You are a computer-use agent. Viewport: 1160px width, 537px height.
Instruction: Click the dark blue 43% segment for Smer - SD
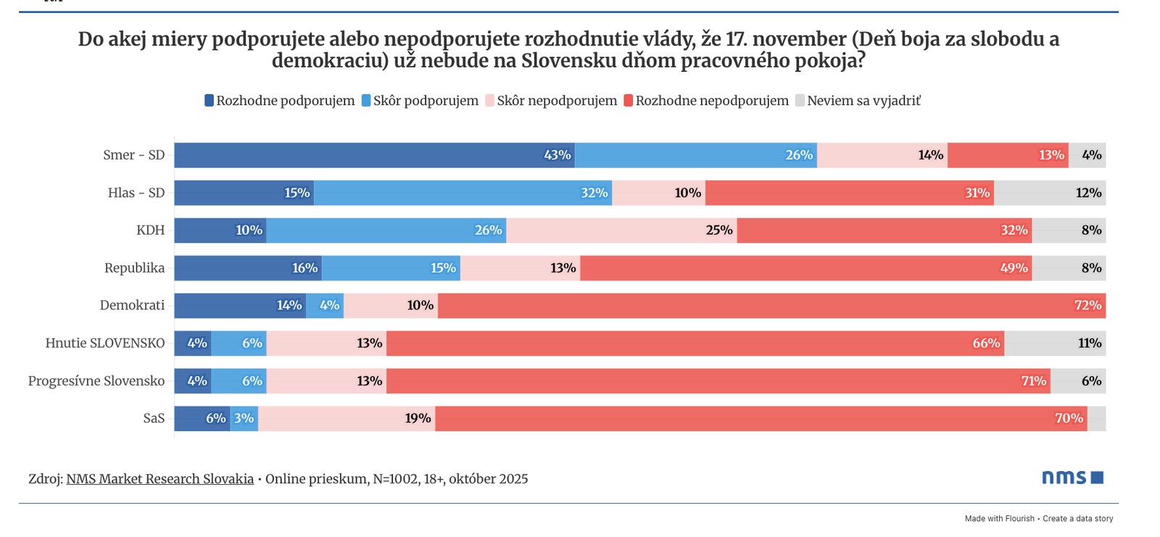(x=374, y=155)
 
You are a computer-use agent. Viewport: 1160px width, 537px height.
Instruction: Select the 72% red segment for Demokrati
(x=771, y=306)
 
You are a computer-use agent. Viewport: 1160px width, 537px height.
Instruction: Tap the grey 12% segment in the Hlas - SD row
(x=1050, y=193)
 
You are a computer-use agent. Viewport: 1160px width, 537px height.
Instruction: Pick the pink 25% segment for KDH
(x=621, y=230)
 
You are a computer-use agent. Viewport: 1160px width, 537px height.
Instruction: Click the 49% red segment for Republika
(x=805, y=268)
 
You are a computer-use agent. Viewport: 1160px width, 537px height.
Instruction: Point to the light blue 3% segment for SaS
(x=244, y=419)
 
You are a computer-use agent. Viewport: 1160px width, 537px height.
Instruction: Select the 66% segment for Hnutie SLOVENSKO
(x=695, y=344)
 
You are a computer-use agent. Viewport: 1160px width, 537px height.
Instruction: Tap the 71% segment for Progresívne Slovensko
(x=718, y=381)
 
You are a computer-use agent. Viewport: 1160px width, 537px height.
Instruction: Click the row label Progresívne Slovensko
(x=96, y=381)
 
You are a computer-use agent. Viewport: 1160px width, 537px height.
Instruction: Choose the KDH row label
(x=150, y=230)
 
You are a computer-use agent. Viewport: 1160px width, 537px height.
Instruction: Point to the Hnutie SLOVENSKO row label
(x=105, y=344)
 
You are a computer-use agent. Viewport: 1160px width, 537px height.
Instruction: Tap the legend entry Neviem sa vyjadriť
(x=863, y=101)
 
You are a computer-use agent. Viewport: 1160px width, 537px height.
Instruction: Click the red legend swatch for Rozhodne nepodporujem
(x=629, y=101)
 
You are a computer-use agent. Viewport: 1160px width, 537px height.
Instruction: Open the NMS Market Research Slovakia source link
(x=160, y=479)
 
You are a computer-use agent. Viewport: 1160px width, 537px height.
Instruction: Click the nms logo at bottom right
(x=1072, y=478)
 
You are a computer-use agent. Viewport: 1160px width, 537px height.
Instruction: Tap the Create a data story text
(x=1077, y=519)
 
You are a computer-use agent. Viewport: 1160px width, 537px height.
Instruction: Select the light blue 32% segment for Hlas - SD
(x=463, y=193)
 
